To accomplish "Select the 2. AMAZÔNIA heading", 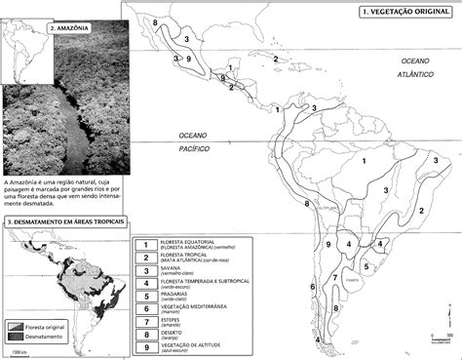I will pyautogui.click(x=67, y=30).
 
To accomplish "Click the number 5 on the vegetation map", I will pyautogui.click(x=366, y=262).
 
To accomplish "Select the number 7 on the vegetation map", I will pyautogui.click(x=334, y=278).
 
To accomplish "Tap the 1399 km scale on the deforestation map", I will pyautogui.click(x=17, y=349).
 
